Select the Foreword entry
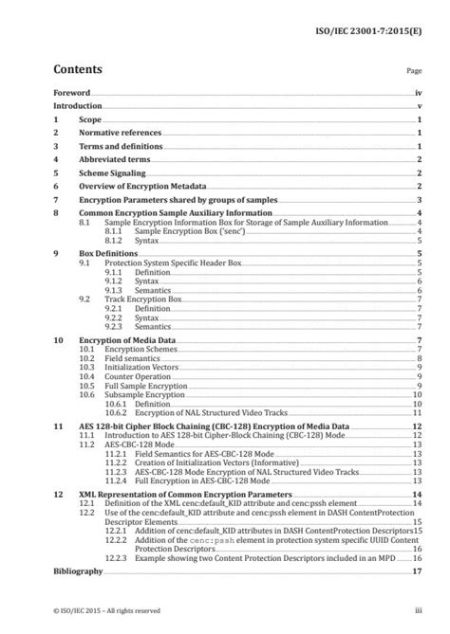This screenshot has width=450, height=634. pos(72,94)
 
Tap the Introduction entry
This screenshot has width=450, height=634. pos(78,107)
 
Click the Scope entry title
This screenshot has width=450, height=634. pos(93,121)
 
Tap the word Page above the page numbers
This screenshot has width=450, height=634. pos(413,71)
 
